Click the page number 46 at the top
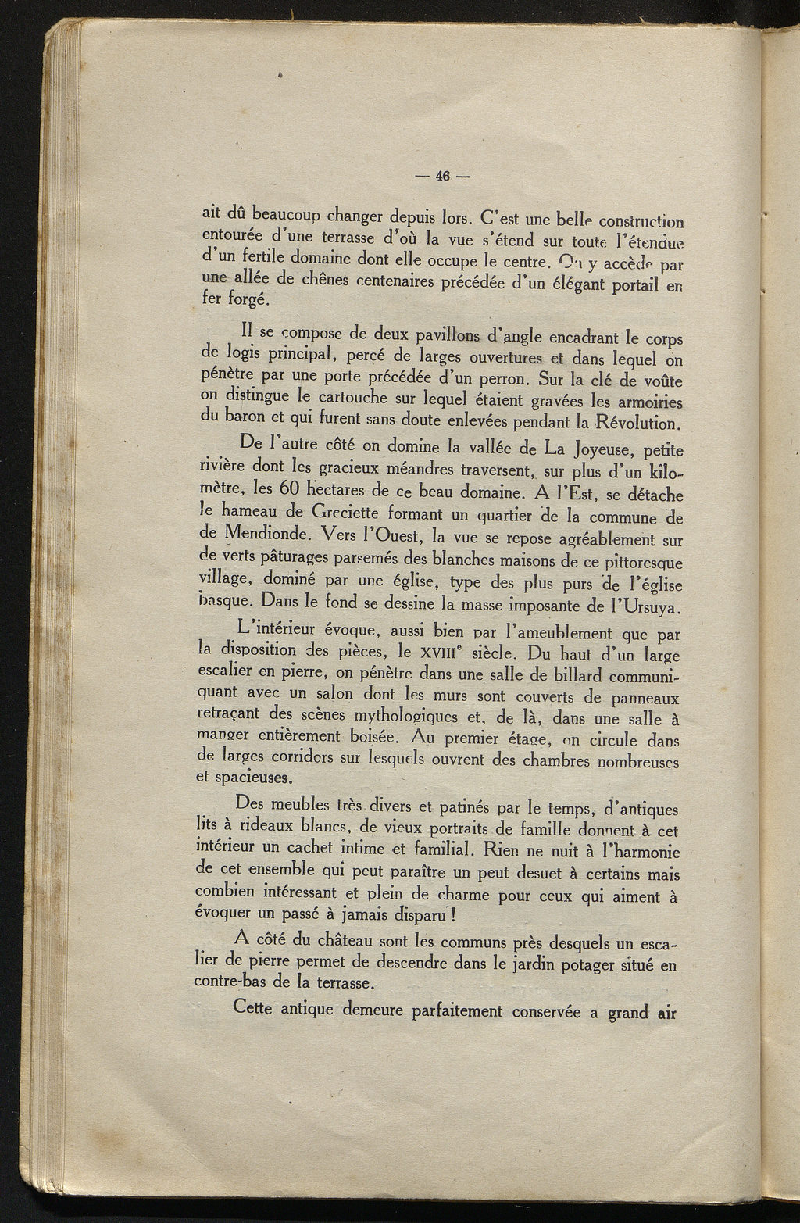[x=440, y=176]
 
